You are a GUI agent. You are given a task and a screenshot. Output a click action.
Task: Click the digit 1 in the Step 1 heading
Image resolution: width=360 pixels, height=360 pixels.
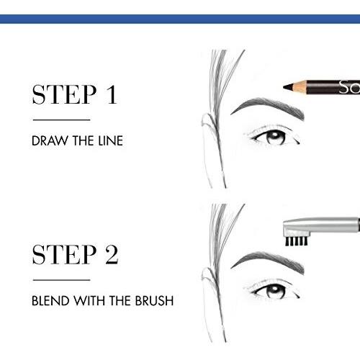tap(112, 94)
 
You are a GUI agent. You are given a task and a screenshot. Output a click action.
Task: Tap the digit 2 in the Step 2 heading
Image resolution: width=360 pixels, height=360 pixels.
tap(112, 254)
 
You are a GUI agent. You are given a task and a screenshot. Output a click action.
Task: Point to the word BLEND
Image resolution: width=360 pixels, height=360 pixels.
tap(50, 301)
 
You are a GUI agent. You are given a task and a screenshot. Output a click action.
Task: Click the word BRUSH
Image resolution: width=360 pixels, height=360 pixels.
tap(154, 301)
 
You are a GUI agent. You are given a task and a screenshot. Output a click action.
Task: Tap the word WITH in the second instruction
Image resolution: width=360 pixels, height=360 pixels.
tap(90, 301)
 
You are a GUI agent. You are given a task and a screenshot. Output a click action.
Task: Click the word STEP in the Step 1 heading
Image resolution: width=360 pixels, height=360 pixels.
tap(64, 94)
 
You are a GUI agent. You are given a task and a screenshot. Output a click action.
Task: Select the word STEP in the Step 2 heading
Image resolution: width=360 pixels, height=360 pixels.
tap(64, 254)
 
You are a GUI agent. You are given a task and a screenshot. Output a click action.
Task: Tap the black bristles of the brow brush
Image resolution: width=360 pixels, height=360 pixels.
tap(296, 241)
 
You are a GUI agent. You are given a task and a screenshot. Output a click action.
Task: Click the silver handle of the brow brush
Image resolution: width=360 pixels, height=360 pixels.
tap(322, 225)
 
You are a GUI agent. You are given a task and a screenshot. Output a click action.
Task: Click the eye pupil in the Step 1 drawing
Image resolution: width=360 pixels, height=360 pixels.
tap(274, 136)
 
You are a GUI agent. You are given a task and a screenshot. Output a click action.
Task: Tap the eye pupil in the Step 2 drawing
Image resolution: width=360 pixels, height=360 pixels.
tap(274, 290)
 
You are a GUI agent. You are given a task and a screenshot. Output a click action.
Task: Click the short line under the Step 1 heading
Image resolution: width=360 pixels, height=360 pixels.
tap(61, 120)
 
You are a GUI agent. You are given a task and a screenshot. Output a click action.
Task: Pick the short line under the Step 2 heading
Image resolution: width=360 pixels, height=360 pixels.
tap(61, 279)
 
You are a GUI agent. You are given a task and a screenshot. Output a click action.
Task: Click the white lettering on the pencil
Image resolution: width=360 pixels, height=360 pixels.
tap(349, 87)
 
